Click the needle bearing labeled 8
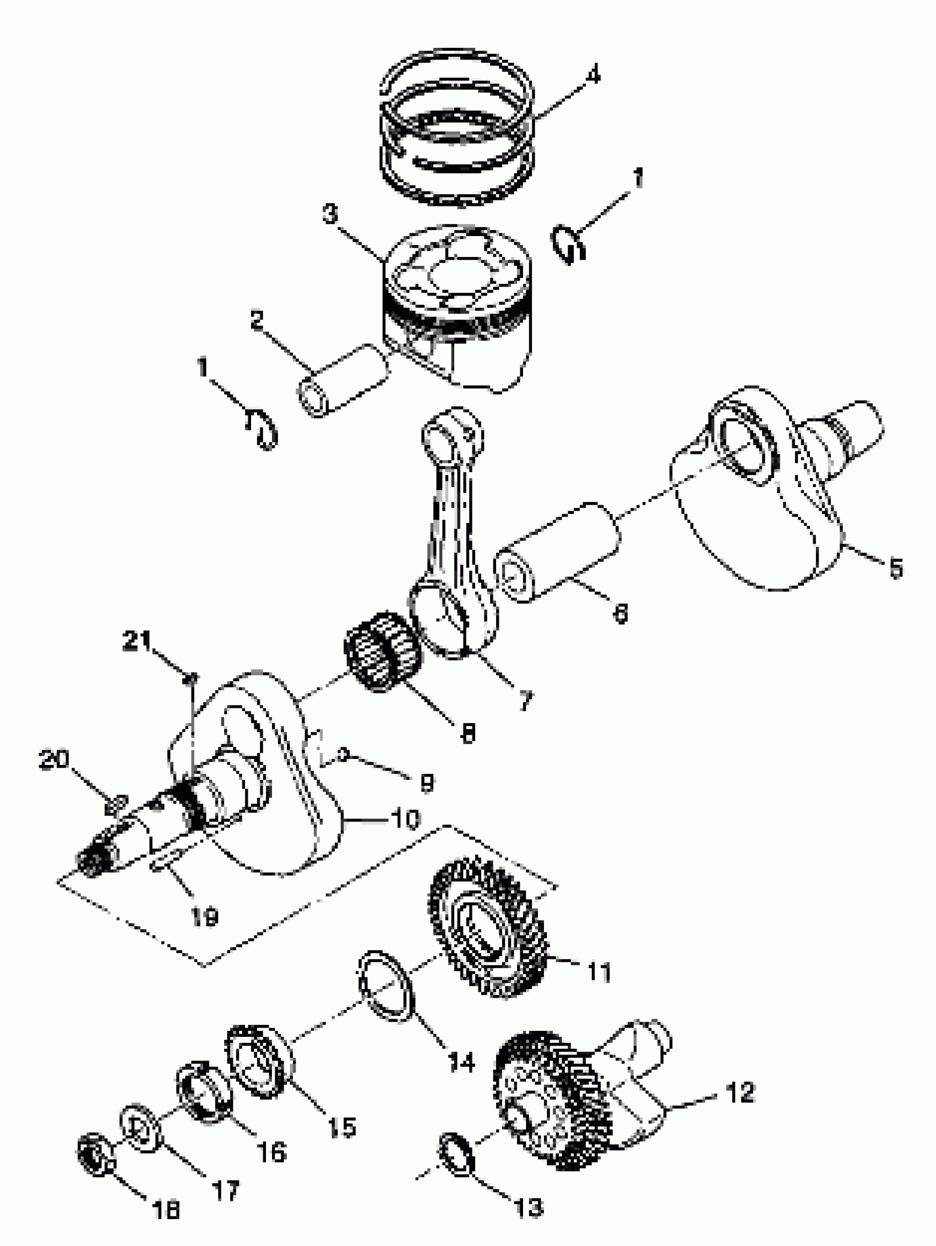[382, 651]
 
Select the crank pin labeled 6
[558, 552]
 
